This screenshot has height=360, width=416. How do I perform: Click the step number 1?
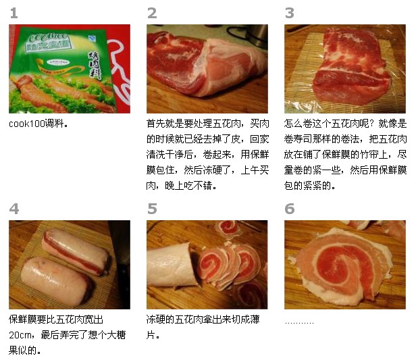coord(14,13)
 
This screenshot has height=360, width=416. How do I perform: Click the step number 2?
coord(152,13)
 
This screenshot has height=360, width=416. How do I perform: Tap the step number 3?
coord(290,13)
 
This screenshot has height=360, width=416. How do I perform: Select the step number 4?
coord(14,209)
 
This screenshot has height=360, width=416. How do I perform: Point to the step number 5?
coord(152,209)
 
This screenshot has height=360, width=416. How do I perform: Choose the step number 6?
coord(290,209)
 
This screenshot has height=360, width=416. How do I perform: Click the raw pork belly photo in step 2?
coord(207,68)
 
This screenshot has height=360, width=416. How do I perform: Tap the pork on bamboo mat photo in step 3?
coord(344,68)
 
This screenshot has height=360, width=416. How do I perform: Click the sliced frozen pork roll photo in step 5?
coord(207,264)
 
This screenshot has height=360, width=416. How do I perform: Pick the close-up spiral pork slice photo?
coord(344,264)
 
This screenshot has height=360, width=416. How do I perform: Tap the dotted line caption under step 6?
coord(299,321)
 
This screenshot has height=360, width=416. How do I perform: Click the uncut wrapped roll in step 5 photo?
coord(173,266)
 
